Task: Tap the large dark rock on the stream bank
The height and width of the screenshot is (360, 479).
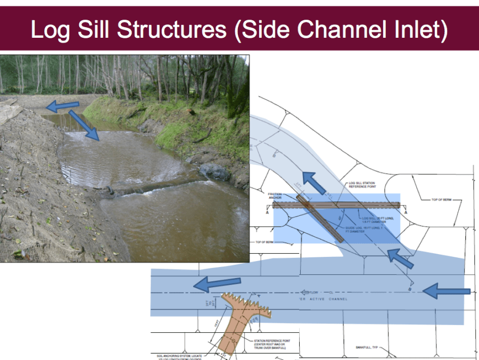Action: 215,171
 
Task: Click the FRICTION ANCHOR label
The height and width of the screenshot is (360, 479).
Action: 275,197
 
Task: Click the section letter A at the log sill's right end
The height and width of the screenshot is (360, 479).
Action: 406,211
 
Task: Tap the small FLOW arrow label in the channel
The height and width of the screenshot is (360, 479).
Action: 311,292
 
